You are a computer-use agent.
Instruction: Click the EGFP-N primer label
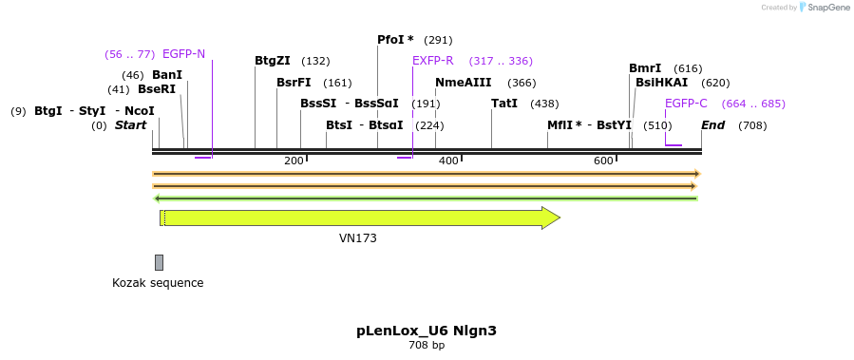coord(183,54)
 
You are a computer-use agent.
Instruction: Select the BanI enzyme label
coord(167,75)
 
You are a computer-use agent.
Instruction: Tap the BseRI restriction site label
coord(157,90)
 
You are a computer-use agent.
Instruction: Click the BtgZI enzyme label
coord(273,61)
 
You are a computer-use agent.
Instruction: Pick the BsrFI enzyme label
coord(294,83)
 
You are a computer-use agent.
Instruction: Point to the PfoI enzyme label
coord(395,40)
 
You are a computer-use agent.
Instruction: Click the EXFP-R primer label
coord(433,61)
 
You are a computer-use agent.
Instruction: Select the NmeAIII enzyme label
coord(463,83)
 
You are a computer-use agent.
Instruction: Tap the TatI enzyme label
coord(504,104)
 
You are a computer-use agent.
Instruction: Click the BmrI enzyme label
coord(645,68)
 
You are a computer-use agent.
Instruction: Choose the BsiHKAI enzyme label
coord(661,83)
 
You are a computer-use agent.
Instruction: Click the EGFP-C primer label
coord(686,104)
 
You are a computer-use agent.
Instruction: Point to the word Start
coord(131,125)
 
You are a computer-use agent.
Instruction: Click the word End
coord(713,125)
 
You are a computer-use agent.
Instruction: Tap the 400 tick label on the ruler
coord(448,161)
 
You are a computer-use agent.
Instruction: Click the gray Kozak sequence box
coord(159,262)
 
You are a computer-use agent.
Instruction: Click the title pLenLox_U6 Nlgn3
coord(427,331)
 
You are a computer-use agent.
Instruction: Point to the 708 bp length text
coord(427,346)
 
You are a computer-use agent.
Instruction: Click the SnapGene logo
coord(823,8)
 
